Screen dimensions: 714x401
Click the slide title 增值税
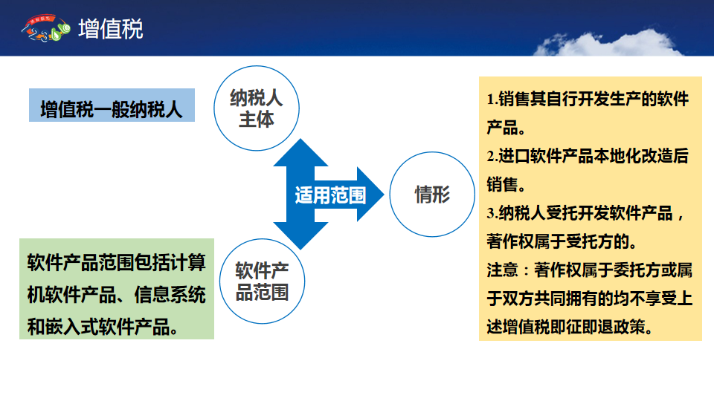pyautogui.click(x=111, y=29)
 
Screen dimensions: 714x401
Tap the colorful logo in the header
pyautogui.click(x=45, y=28)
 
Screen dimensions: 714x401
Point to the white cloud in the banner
pyautogui.click(x=608, y=44)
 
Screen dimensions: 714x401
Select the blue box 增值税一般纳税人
pyautogui.click(x=112, y=105)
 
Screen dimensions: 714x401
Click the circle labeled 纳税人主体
pyautogui.click(x=257, y=108)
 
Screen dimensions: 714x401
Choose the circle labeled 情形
pyautogui.click(x=432, y=194)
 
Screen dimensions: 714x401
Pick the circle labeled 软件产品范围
pyautogui.click(x=262, y=281)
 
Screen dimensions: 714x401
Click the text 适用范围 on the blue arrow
pyautogui.click(x=330, y=195)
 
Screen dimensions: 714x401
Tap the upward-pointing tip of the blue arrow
pyautogui.click(x=300, y=139)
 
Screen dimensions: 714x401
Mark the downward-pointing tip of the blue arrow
pyautogui.click(x=300, y=250)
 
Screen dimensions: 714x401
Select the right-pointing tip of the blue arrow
pyautogui.click(x=384, y=195)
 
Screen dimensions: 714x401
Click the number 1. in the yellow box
pyautogui.click(x=492, y=99)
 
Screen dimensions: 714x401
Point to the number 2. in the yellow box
pyautogui.click(x=492, y=157)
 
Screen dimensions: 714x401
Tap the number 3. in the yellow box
pyautogui.click(x=492, y=213)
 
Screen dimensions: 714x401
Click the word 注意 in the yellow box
pyautogui.click(x=502, y=270)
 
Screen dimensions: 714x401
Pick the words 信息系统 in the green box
pyautogui.click(x=170, y=295)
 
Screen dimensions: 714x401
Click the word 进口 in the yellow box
pyautogui.click(x=514, y=157)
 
